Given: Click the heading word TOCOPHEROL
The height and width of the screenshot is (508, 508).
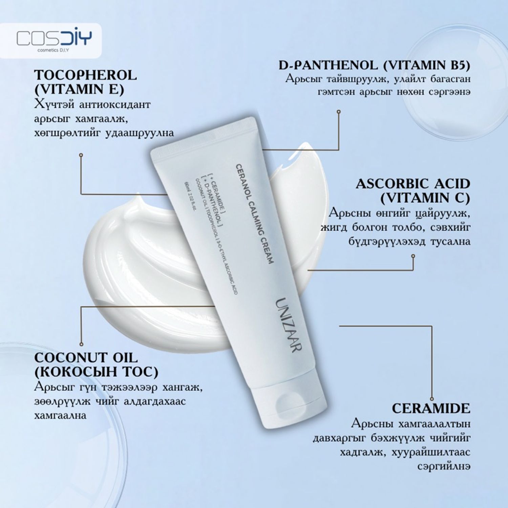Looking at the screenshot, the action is click(85, 75).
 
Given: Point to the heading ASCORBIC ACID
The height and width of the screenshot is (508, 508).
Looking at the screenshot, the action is click(413, 184).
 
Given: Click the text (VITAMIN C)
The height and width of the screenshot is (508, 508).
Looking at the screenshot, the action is click(425, 198).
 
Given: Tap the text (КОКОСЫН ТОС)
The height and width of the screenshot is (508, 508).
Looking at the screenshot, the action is click(96, 372).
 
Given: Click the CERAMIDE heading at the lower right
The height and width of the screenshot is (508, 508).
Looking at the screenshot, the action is click(431, 408).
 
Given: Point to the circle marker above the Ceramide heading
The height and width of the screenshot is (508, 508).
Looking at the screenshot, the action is click(432, 399).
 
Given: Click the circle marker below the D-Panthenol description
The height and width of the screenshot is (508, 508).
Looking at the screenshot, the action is click(339, 111).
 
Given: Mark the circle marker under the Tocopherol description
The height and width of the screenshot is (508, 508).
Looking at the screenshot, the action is click(81, 155).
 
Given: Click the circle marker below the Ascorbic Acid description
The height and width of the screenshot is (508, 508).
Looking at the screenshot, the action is click(413, 256).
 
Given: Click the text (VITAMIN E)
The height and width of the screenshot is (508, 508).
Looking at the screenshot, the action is click(79, 89).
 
